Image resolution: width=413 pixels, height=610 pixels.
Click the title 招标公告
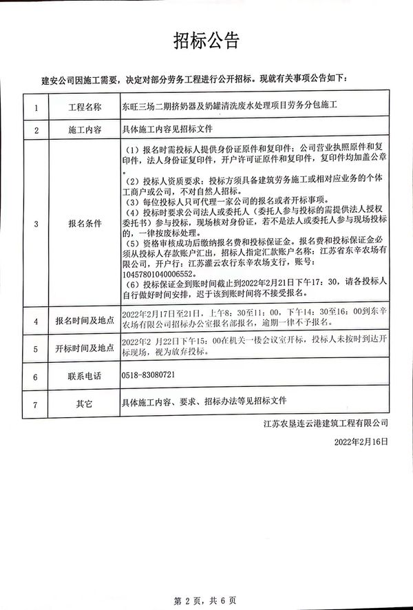(x=206, y=41)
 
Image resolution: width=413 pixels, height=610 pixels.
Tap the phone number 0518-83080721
(x=149, y=377)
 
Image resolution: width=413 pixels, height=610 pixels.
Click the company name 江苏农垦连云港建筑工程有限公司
(x=326, y=420)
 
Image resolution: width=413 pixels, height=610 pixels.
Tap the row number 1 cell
(x=35, y=107)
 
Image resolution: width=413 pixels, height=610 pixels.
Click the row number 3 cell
(x=35, y=224)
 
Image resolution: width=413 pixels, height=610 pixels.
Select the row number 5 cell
(x=35, y=349)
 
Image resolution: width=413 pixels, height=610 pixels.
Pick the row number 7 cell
(x=35, y=400)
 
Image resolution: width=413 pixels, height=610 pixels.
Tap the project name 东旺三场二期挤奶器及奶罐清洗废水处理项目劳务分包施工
(x=232, y=107)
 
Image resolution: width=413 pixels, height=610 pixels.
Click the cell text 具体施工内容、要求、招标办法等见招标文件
(x=203, y=400)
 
